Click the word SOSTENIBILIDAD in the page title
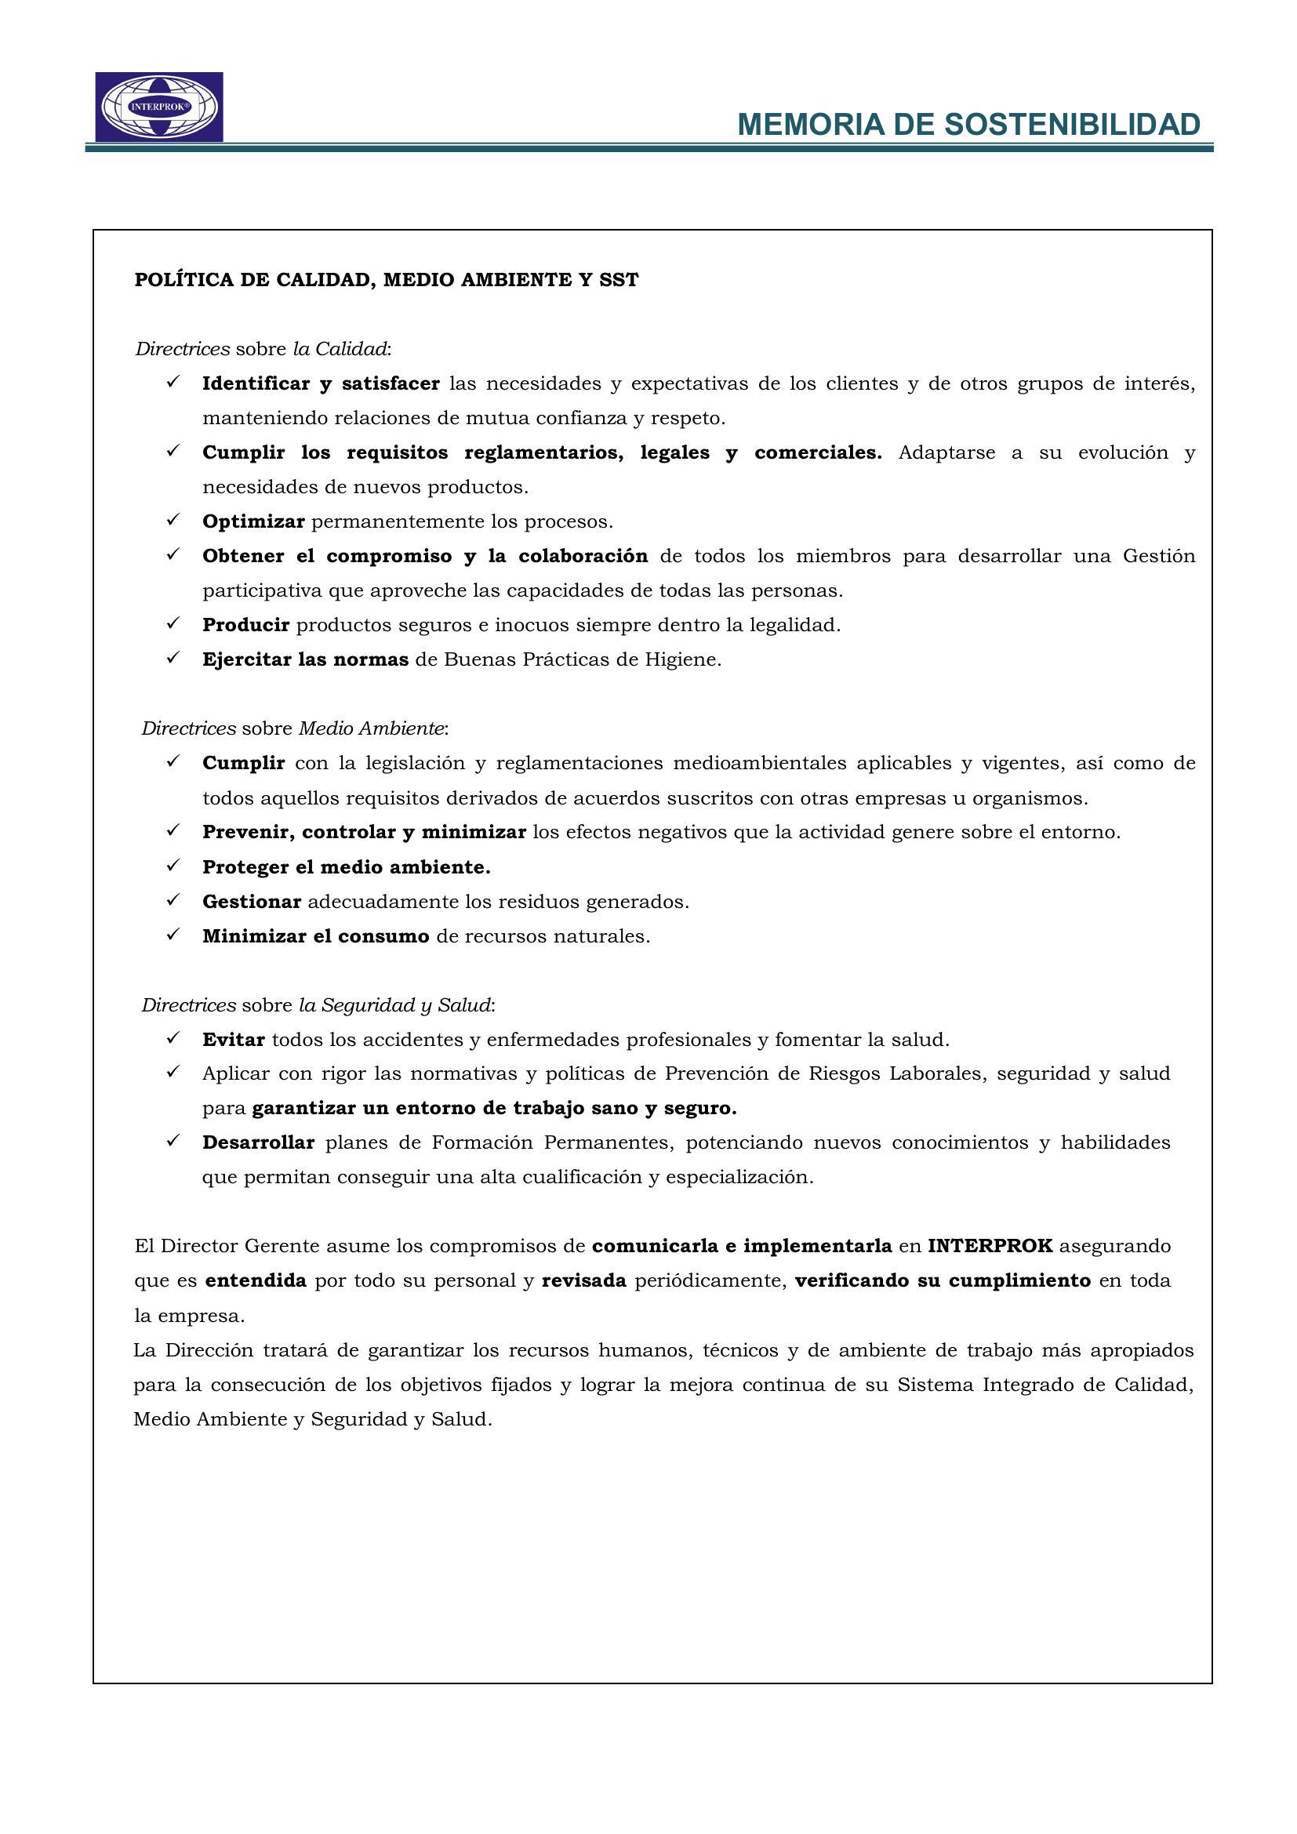1073,125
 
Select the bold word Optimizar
253,521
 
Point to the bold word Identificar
255,383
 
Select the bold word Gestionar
252,902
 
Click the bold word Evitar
233,1040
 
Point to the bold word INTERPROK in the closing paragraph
990,1246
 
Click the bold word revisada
584,1281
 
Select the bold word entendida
256,1281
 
